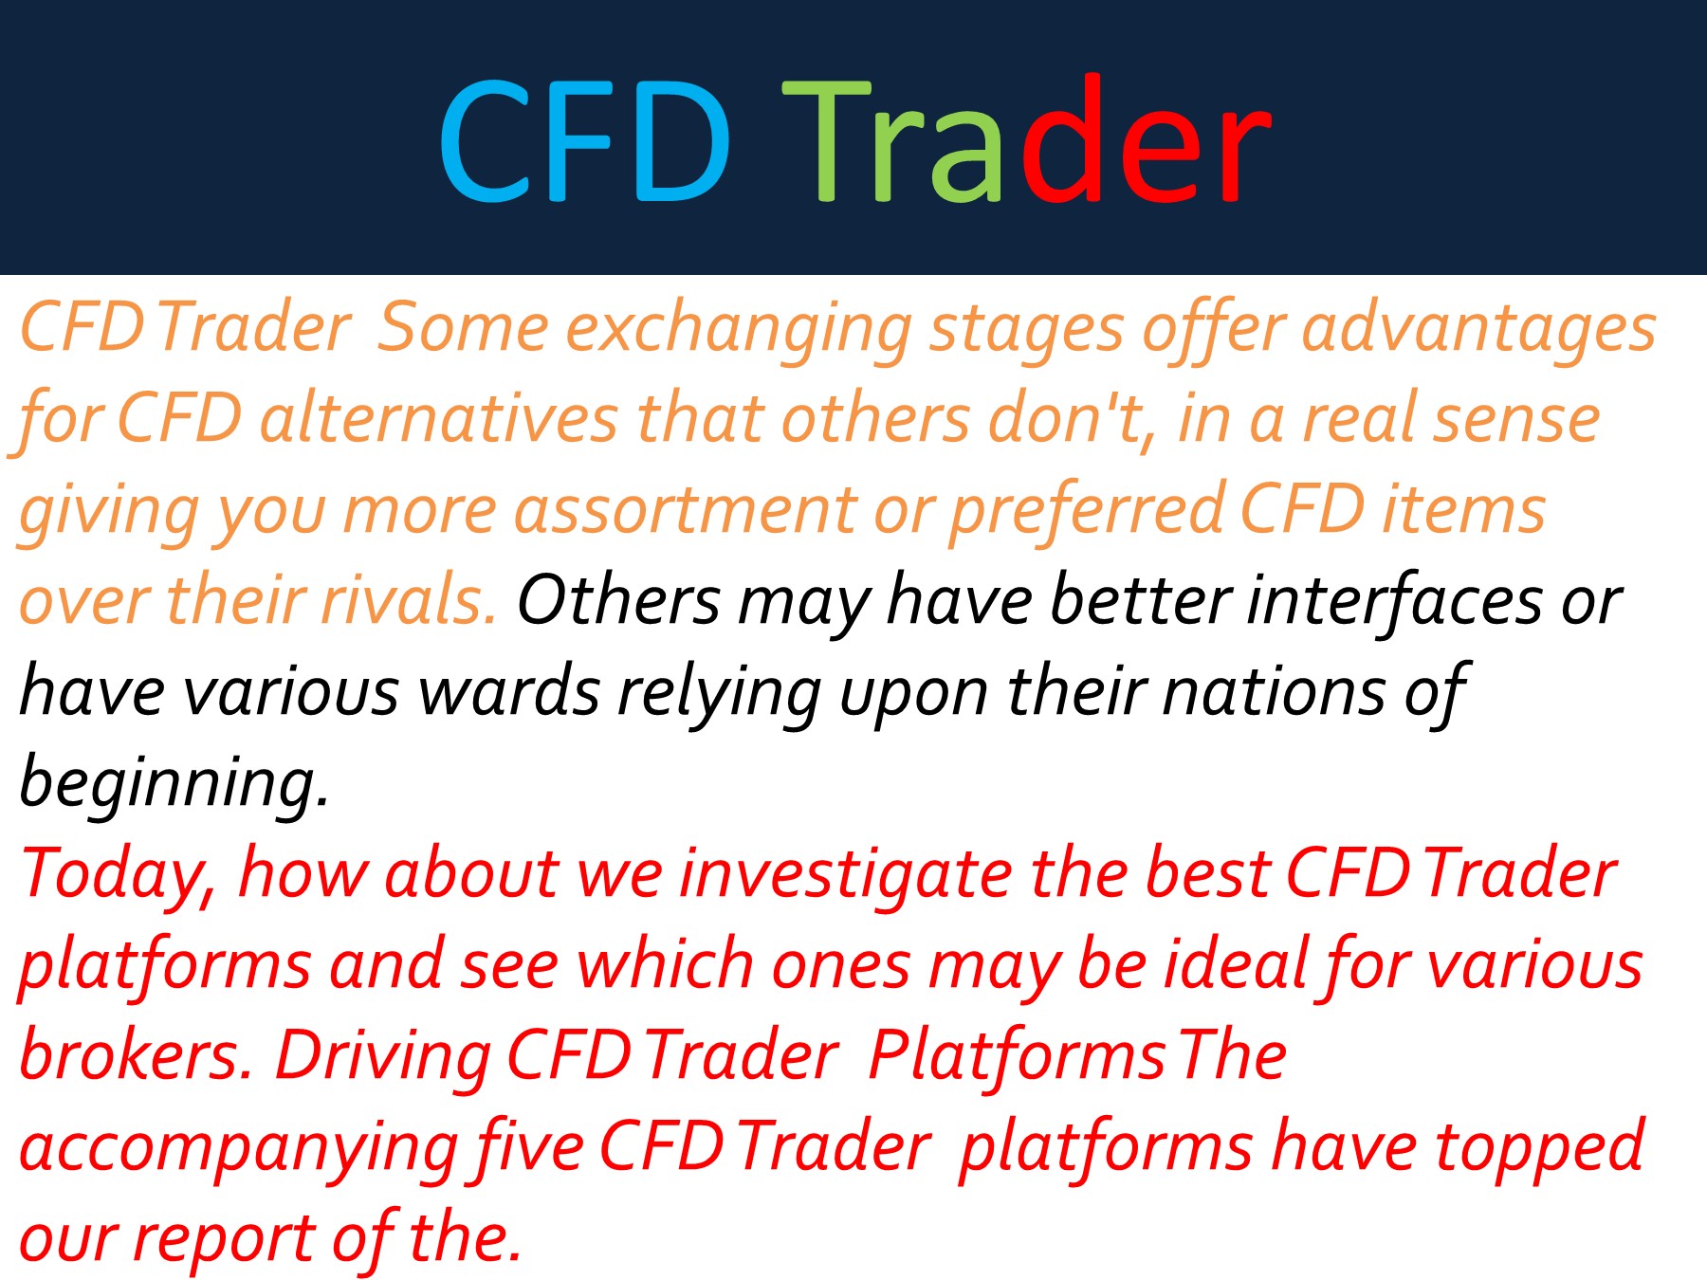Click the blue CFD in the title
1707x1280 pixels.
pyautogui.click(x=583, y=142)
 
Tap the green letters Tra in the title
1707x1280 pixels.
pyautogui.click(x=891, y=142)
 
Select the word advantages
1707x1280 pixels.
pyautogui.click(x=1478, y=329)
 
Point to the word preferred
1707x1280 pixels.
pyautogui.click(x=1087, y=511)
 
